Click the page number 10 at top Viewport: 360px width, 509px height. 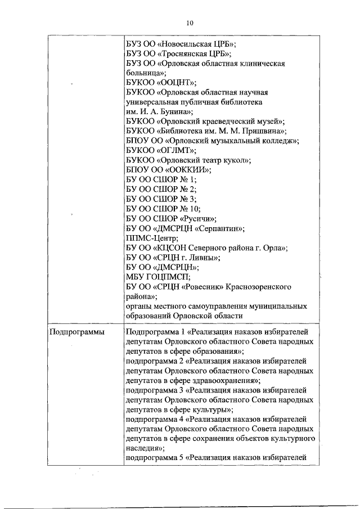coord(189,22)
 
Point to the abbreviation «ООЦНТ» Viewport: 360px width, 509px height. coord(172,83)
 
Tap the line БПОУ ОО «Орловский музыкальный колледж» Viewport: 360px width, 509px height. coord(212,141)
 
